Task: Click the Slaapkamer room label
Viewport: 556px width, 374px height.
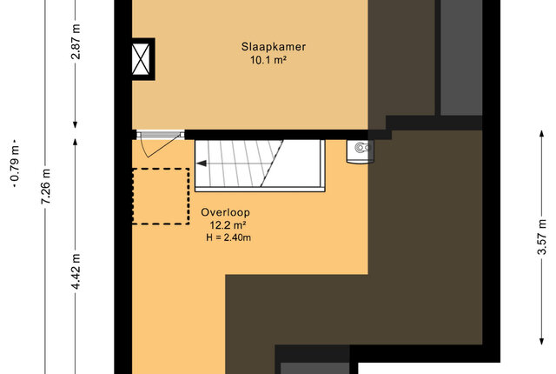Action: tap(274, 47)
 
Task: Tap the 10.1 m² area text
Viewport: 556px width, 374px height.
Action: tap(268, 60)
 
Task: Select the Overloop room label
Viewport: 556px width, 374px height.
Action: tap(226, 212)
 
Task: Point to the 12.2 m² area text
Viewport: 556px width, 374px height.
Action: tap(228, 225)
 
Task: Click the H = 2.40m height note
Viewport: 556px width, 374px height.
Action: tap(228, 237)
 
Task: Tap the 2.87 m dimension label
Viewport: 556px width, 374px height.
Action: tap(76, 41)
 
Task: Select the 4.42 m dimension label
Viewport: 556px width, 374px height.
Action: tap(76, 271)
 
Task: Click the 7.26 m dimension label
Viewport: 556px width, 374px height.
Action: tap(45, 186)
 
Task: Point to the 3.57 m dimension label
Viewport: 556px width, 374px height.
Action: tap(541, 237)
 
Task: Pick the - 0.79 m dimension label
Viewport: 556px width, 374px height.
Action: tap(15, 164)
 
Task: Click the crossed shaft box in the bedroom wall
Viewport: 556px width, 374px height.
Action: tap(141, 59)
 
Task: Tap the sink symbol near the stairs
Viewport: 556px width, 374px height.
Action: tap(360, 151)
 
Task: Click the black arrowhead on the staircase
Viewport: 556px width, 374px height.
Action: tap(202, 164)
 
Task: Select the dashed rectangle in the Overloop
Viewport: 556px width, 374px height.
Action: tap(161, 197)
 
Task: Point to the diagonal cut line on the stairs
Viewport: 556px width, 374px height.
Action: tap(272, 164)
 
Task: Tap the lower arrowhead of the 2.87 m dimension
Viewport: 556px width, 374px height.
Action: tap(76, 124)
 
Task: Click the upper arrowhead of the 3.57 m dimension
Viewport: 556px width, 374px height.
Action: tap(541, 133)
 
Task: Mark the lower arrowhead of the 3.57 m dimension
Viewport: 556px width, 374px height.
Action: tap(541, 341)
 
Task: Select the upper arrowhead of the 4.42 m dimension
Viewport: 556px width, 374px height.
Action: tap(76, 142)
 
